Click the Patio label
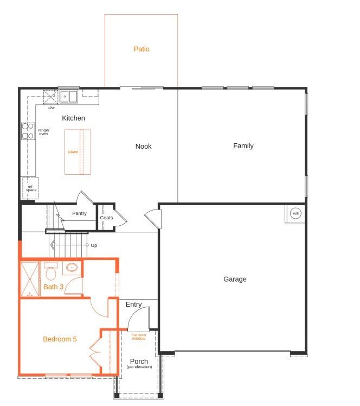[x=142, y=49]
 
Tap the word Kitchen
[x=73, y=118]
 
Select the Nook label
[x=144, y=147]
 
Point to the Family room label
[x=243, y=146]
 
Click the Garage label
[x=235, y=279]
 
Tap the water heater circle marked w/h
[x=296, y=213]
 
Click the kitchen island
[x=78, y=152]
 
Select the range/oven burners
[x=28, y=131]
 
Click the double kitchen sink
[x=69, y=96]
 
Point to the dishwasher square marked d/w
[x=50, y=97]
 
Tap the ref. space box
[x=30, y=188]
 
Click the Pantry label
[x=79, y=213]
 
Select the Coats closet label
[x=107, y=218]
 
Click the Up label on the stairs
[x=94, y=245]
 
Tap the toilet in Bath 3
[x=50, y=271]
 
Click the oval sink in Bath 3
[x=72, y=267]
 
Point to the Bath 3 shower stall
[x=30, y=279]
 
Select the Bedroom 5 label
[x=60, y=339]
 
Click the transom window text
[x=139, y=337]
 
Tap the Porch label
[x=139, y=361]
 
